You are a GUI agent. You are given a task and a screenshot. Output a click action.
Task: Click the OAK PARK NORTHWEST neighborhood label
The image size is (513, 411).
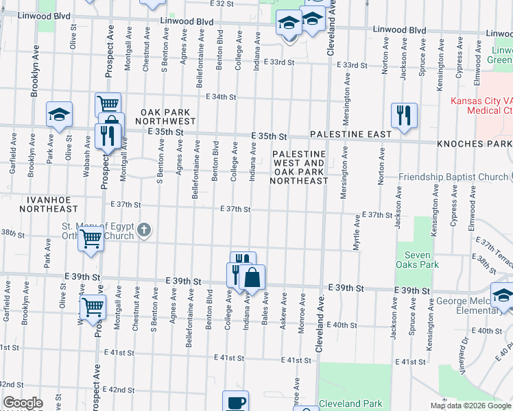[x=169, y=116]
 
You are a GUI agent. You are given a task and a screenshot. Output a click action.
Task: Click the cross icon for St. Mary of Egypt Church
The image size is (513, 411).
[x=144, y=230]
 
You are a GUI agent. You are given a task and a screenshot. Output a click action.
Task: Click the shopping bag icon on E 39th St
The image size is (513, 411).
[x=252, y=276]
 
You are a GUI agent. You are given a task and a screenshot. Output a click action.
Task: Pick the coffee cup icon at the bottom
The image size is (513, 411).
[x=236, y=402]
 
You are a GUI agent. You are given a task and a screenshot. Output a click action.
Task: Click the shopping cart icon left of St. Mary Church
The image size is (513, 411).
[x=91, y=240]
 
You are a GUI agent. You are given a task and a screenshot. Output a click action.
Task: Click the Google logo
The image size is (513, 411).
[x=23, y=403]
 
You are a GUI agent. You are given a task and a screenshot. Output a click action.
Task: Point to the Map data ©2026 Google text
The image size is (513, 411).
[x=470, y=406]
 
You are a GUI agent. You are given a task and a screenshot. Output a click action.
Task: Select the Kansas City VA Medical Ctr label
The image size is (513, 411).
[x=482, y=105]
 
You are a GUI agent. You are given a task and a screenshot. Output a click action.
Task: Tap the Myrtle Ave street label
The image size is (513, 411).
[x=357, y=233]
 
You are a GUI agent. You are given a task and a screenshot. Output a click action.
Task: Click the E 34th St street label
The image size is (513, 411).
[x=222, y=97]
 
